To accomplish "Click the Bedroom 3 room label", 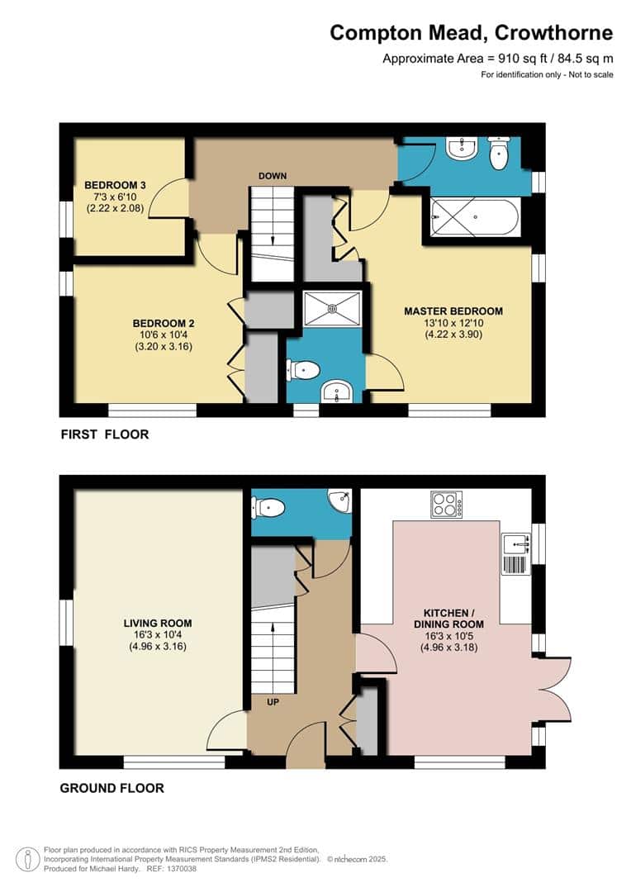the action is pos(115,185).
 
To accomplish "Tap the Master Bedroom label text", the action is pos(453,311).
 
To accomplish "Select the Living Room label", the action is pos(158,623).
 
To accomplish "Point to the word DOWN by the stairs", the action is pos(273,176).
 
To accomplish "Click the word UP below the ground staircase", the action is pos(273,702).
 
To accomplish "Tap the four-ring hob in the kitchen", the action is pos(447,504).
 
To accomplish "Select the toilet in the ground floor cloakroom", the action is pos(268,506).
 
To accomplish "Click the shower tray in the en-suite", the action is pos(333,309).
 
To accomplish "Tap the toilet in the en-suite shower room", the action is pos(301,370).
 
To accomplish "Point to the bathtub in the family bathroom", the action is pos(475,218).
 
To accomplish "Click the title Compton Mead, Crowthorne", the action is pos(472,32).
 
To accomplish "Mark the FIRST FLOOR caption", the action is pos(105,434).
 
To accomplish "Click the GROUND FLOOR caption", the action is pos(112,788).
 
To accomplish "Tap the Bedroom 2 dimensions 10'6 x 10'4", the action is pos(164,335).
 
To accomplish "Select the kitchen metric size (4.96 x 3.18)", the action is pos(449,648).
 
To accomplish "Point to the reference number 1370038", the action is pos(179,869).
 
